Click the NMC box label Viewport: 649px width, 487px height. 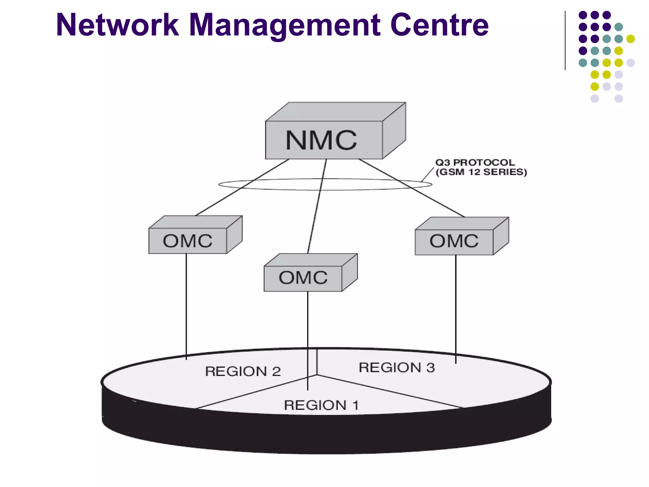321,140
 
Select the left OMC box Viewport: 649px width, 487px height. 188,241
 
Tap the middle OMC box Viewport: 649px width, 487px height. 303,278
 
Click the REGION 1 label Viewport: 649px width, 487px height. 321,405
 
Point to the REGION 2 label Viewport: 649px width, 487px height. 243,371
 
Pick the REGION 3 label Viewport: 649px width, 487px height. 397,368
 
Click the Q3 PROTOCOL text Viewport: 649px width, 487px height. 475,163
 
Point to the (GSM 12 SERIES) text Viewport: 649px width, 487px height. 481,172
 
